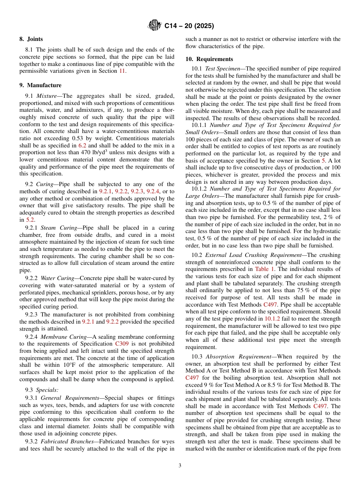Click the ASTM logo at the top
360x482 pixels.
[x=154, y=26]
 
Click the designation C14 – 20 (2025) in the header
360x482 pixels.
[x=189, y=26]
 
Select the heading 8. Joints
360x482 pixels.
[x=31, y=39]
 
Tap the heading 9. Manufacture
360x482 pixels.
[x=40, y=85]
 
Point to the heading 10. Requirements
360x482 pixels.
[x=209, y=59]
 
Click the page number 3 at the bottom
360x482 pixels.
[x=180, y=466]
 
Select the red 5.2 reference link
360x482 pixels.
[x=30, y=220]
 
